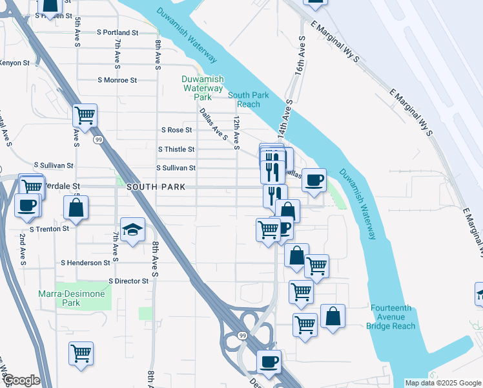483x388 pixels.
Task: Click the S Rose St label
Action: click(177, 130)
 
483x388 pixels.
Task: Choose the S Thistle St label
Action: click(176, 149)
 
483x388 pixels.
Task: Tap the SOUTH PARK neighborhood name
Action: click(156, 187)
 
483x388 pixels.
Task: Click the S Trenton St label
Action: click(50, 229)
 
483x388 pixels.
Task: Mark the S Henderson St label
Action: click(85, 263)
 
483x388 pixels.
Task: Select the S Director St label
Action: click(128, 281)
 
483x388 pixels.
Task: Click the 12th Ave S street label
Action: click(237, 131)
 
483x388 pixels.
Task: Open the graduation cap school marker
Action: click(132, 230)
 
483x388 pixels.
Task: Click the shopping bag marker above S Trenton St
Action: click(76, 208)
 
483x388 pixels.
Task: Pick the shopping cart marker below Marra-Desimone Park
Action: click(81, 354)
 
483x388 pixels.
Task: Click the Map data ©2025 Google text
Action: click(442, 383)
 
